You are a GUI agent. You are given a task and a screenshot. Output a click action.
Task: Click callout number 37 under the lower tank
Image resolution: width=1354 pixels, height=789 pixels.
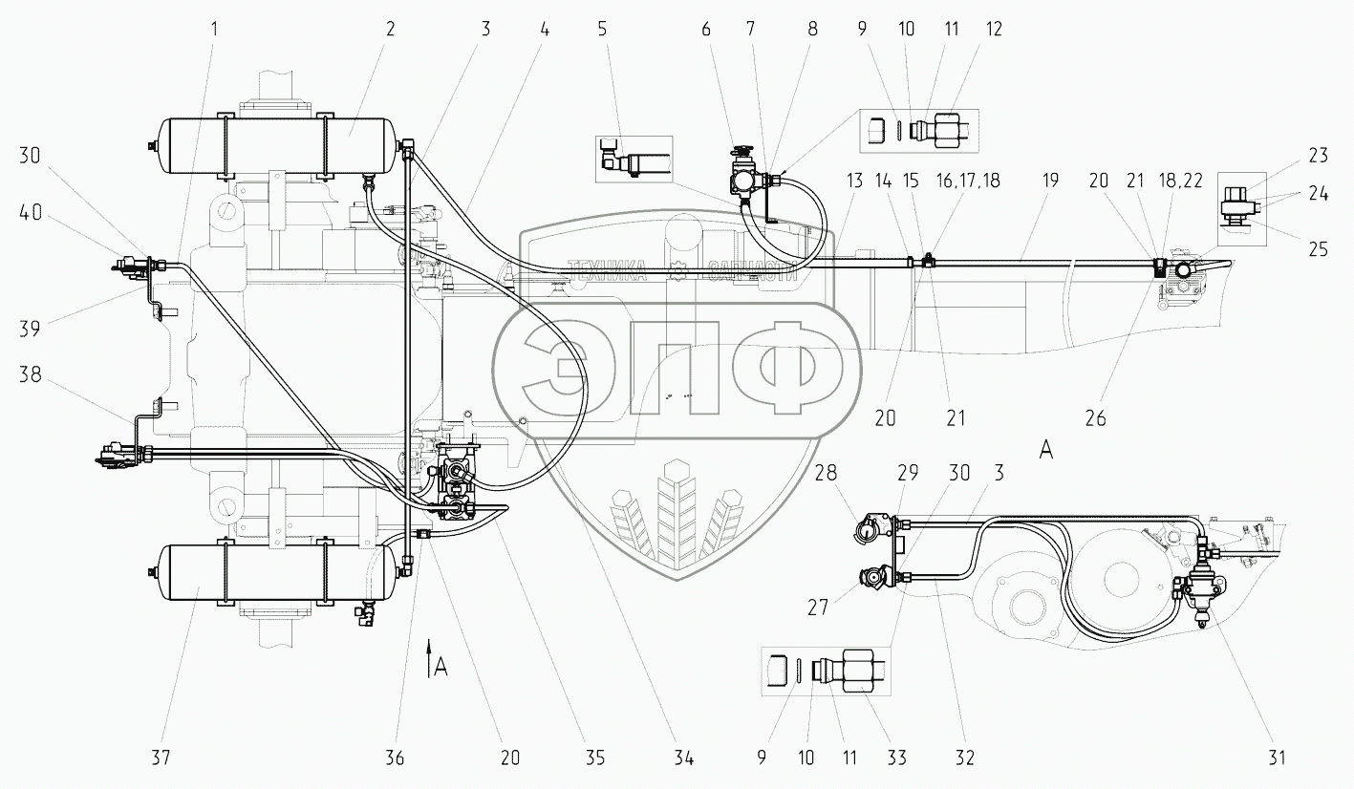[160, 758]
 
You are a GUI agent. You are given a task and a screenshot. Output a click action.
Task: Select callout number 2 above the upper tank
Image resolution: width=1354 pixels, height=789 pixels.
[390, 29]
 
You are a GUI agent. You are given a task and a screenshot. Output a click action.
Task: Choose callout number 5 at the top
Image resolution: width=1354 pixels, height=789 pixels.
[602, 29]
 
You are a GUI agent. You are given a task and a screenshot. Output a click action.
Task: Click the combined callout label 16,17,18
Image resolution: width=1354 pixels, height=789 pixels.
[969, 181]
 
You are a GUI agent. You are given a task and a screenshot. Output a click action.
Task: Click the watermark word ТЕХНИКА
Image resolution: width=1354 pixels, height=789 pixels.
[608, 270]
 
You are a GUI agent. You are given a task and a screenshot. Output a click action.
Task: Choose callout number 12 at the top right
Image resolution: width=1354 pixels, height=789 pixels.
[995, 29]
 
